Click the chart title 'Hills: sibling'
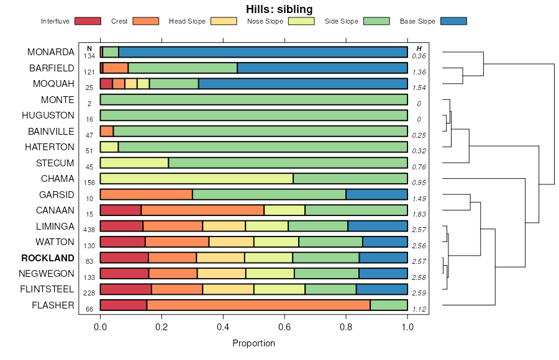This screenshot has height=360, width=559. pyautogui.click(x=279, y=9)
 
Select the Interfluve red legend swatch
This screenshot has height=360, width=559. pyautogui.click(x=88, y=21)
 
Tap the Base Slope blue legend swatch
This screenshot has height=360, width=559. pyautogui.click(x=453, y=21)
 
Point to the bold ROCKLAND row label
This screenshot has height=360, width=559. pyautogui.click(x=48, y=258)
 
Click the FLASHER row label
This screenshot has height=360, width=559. pyautogui.click(x=53, y=305)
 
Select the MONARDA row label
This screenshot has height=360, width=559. pyautogui.click(x=51, y=52)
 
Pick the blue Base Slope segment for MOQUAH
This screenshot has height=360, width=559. pyautogui.click(x=303, y=84)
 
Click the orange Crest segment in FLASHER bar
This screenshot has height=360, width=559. pyautogui.click(x=258, y=305)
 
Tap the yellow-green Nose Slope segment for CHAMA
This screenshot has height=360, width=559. pyautogui.click(x=196, y=179)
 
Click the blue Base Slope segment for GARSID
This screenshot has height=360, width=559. pyautogui.click(x=376, y=194)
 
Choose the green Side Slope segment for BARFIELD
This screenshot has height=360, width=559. pyautogui.click(x=183, y=68)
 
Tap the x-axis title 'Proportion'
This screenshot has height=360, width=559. pyautogui.click(x=253, y=343)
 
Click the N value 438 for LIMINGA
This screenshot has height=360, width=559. pyautogui.click(x=89, y=230)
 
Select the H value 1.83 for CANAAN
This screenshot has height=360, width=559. pyautogui.click(x=419, y=214)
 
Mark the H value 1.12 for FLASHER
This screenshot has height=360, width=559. pyautogui.click(x=419, y=309)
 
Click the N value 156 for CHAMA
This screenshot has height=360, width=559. pyautogui.click(x=89, y=182)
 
